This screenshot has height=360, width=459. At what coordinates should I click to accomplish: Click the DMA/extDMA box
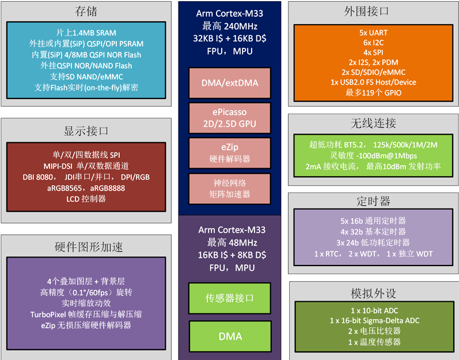tap(230, 83)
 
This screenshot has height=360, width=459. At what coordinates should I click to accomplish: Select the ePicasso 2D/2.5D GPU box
tap(230, 118)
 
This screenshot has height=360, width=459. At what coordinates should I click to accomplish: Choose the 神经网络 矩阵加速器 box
tap(230, 188)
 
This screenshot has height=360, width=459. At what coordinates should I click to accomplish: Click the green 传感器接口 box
tap(230, 298)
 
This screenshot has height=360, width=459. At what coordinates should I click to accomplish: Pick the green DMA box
tap(230, 336)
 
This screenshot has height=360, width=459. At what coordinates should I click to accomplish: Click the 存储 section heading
tap(86, 12)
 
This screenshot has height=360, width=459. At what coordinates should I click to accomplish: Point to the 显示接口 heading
tap(86, 130)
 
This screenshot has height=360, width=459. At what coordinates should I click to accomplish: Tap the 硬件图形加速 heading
tap(86, 247)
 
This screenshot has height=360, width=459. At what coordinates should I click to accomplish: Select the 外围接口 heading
tap(374, 12)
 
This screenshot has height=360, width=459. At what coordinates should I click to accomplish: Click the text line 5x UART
tap(374, 33)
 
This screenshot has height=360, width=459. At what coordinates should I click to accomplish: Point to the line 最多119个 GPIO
tap(374, 92)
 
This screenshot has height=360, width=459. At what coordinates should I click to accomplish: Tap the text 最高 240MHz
tap(230, 26)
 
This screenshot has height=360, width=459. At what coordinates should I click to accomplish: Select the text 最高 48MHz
tap(230, 242)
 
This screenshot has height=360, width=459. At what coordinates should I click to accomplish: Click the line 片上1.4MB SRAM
tap(86, 33)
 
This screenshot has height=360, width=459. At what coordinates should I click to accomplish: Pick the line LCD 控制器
tap(86, 199)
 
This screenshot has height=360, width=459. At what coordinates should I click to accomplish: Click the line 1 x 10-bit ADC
tap(374, 310)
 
